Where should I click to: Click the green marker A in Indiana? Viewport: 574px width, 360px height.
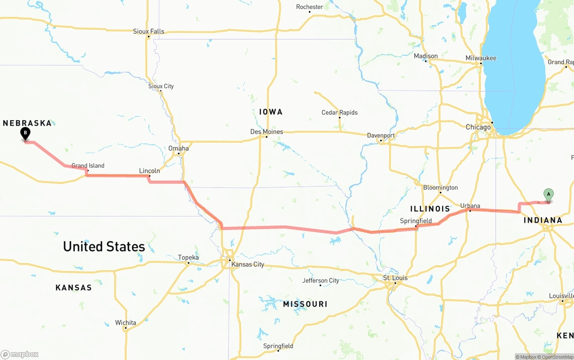tap(548, 195)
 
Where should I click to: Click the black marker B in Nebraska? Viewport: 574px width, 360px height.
tap(26, 133)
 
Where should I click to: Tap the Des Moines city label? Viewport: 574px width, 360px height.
tap(266, 132)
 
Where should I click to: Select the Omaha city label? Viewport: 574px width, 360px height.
tap(178, 148)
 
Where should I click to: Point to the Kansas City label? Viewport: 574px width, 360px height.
tap(248, 265)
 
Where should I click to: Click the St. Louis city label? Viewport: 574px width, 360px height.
tap(395, 278)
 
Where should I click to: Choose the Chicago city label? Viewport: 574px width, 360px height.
tap(478, 127)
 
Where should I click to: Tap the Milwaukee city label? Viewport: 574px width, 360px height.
tap(481, 58)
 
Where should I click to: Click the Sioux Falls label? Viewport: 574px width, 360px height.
tap(148, 31)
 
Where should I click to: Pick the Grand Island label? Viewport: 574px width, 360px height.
tap(88, 166)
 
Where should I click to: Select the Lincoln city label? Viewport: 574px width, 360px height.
tap(149, 171)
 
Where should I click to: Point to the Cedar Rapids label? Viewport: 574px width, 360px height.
tap(339, 113)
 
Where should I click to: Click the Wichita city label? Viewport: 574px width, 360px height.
tap(126, 323)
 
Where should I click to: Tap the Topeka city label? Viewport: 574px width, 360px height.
tap(188, 257)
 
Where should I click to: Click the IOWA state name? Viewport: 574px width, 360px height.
tap(271, 112)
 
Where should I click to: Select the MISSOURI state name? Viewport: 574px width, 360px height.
tap(305, 304)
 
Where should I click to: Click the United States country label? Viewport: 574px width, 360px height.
tap(104, 247)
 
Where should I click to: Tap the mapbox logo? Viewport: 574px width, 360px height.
tap(20, 354)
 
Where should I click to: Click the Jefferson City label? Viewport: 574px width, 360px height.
tap(321, 281)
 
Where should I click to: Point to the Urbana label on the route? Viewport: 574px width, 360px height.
tap(470, 206)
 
